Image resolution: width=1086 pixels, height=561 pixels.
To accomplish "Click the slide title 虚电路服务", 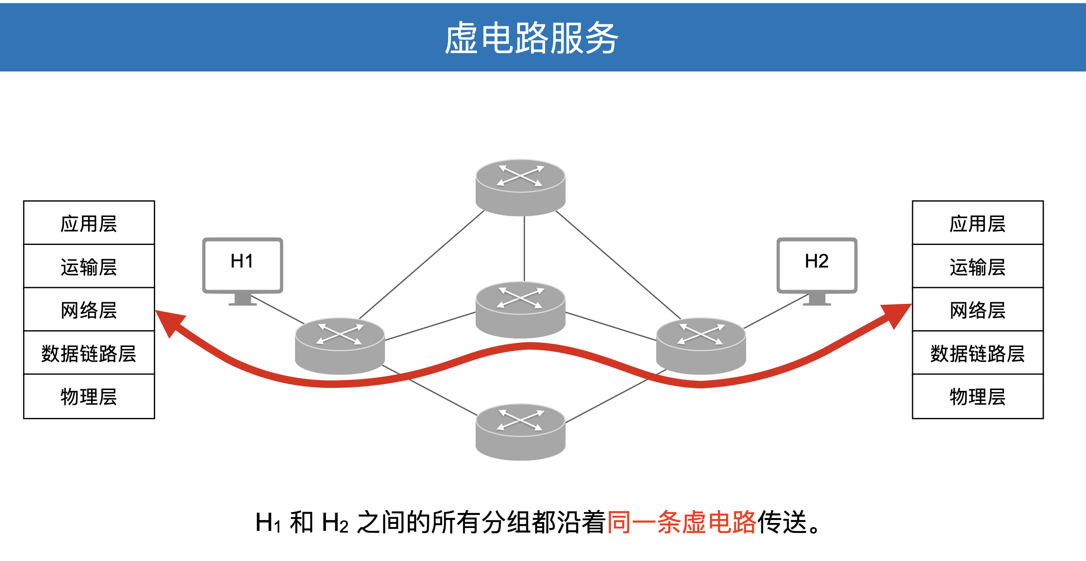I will pyautogui.click(x=531, y=38).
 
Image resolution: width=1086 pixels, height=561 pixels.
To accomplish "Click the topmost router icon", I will pyautogui.click(x=520, y=187).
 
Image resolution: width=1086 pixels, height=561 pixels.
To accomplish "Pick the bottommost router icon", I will pyautogui.click(x=520, y=431).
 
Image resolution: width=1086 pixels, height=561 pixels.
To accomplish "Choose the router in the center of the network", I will pyautogui.click(x=520, y=309).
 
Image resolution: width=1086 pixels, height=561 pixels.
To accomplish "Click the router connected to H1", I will pyautogui.click(x=340, y=346).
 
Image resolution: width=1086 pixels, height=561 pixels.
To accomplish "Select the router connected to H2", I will pyautogui.click(x=701, y=346).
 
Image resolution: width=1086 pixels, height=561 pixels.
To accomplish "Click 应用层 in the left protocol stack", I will pyautogui.click(x=89, y=223).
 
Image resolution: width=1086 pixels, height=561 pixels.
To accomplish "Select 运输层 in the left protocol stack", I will pyautogui.click(x=89, y=267).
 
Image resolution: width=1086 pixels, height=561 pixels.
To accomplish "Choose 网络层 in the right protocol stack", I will pyautogui.click(x=977, y=310).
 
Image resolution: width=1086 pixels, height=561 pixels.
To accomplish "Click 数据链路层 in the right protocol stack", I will pyautogui.click(x=977, y=353).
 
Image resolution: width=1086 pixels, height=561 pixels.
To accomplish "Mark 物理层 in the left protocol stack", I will pyautogui.click(x=89, y=397).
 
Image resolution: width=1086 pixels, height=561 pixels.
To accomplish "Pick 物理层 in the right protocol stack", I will pyautogui.click(x=977, y=397).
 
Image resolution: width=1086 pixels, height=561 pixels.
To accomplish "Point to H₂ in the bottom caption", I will pyautogui.click(x=335, y=523).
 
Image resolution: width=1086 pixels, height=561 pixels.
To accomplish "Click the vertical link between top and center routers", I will pyautogui.click(x=524, y=249).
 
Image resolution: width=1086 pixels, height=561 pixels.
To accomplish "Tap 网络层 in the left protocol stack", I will pyautogui.click(x=89, y=310).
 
